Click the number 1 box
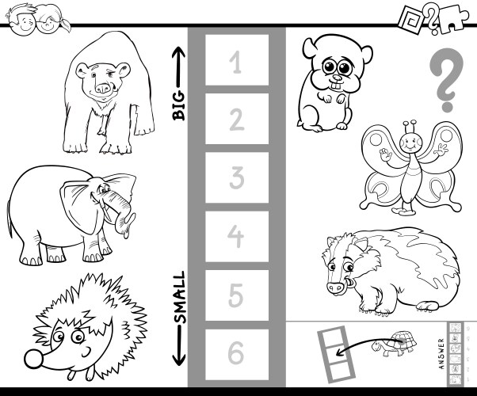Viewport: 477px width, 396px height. click(x=237, y=60)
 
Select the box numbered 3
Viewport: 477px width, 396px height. click(x=237, y=177)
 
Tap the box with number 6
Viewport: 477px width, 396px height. click(x=237, y=354)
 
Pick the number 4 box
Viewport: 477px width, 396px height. click(x=237, y=236)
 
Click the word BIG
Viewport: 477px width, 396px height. click(x=179, y=105)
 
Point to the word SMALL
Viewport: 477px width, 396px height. click(x=179, y=297)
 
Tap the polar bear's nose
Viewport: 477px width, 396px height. click(x=103, y=88)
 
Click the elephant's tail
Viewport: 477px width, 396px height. click(x=10, y=218)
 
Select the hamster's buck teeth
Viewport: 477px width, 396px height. click(x=336, y=86)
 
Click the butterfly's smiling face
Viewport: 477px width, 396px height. click(x=410, y=143)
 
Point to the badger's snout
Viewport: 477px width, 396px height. click(x=335, y=287)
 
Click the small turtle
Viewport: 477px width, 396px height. click(x=395, y=344)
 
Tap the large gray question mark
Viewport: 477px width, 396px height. click(x=446, y=80)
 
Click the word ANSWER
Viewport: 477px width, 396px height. click(x=442, y=354)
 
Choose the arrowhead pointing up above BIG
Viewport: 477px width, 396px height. click(x=179, y=52)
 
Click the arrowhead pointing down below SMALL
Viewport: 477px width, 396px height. click(x=179, y=360)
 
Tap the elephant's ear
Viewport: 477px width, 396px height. click(x=78, y=206)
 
